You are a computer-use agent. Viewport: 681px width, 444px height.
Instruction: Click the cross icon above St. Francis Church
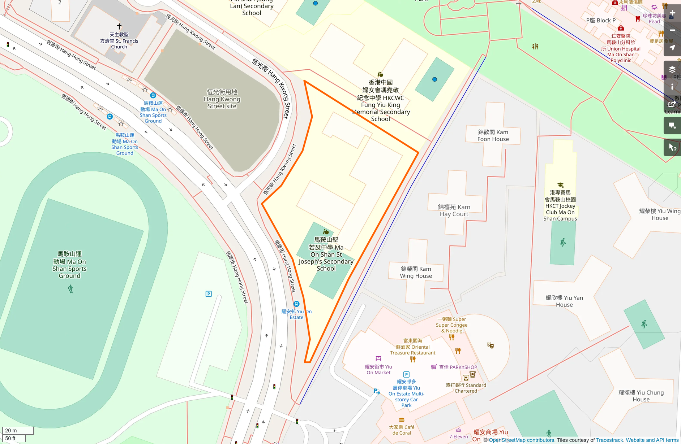pos(119,26)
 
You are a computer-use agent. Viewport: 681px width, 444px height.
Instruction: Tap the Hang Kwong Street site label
pos(222,99)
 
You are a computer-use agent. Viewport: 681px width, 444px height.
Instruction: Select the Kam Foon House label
pos(493,136)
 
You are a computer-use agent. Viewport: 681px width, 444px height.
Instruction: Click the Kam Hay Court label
pos(454,210)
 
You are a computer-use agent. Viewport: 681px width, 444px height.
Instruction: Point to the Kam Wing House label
pos(416,272)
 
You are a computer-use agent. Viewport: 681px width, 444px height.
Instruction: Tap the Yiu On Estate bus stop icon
pos(296,304)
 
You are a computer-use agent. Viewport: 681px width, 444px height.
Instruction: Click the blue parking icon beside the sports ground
pos(209,294)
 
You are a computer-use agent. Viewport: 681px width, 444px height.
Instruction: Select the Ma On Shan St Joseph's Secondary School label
pos(326,254)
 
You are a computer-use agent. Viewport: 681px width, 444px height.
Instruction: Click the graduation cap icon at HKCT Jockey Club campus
pos(560,185)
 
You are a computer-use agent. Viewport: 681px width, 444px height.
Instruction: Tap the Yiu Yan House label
pos(564,301)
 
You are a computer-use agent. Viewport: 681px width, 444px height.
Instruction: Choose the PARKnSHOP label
pos(458,367)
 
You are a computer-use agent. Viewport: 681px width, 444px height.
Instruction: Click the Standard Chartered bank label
pos(466,388)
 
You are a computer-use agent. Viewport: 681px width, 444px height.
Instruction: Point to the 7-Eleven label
pos(458,436)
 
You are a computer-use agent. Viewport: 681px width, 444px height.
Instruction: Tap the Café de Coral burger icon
pos(401,420)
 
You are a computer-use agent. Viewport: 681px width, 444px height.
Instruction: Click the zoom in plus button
pos(672,13)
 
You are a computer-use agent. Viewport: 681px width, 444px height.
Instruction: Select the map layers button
pos(672,69)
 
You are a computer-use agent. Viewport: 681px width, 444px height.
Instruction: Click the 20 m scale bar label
pos(11,430)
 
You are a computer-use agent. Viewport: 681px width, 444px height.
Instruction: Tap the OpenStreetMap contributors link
pos(522,440)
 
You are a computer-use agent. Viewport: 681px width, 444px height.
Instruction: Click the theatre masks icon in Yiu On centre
pos(491,345)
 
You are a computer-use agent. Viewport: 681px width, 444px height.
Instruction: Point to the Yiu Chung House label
pos(641,396)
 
